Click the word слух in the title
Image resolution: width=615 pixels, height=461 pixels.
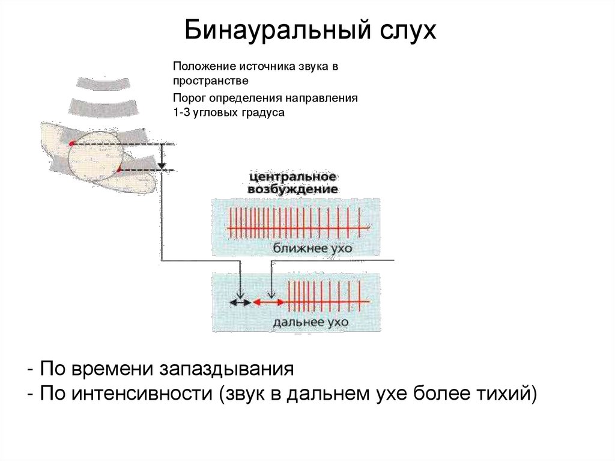(404, 30)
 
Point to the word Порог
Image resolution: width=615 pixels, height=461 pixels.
(188, 97)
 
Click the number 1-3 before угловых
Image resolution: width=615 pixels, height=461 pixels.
(180, 112)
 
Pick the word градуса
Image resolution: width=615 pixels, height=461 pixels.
(262, 112)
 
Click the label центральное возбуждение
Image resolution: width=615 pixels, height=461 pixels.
(292, 183)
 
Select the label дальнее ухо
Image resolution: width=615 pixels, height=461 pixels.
(311, 323)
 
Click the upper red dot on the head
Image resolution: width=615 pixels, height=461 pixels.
(71, 143)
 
